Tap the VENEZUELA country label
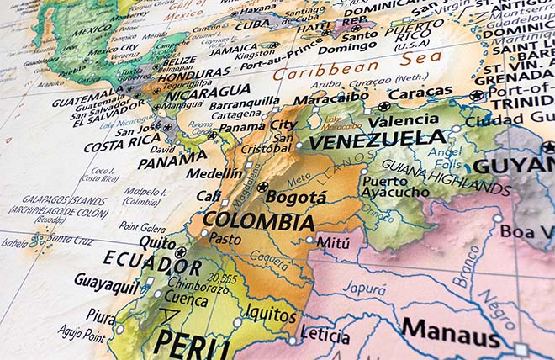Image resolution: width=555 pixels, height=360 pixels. [377, 140]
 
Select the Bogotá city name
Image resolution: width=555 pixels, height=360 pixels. [296, 197]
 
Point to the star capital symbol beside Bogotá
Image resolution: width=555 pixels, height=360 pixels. [262, 187]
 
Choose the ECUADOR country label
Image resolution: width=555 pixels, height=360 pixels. [153, 262]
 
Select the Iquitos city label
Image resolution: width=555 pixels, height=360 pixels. [271, 315]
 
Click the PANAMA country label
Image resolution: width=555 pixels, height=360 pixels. [172, 161]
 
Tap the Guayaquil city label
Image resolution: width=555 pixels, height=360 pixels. [107, 279]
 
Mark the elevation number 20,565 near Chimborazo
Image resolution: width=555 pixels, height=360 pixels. [222, 278]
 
